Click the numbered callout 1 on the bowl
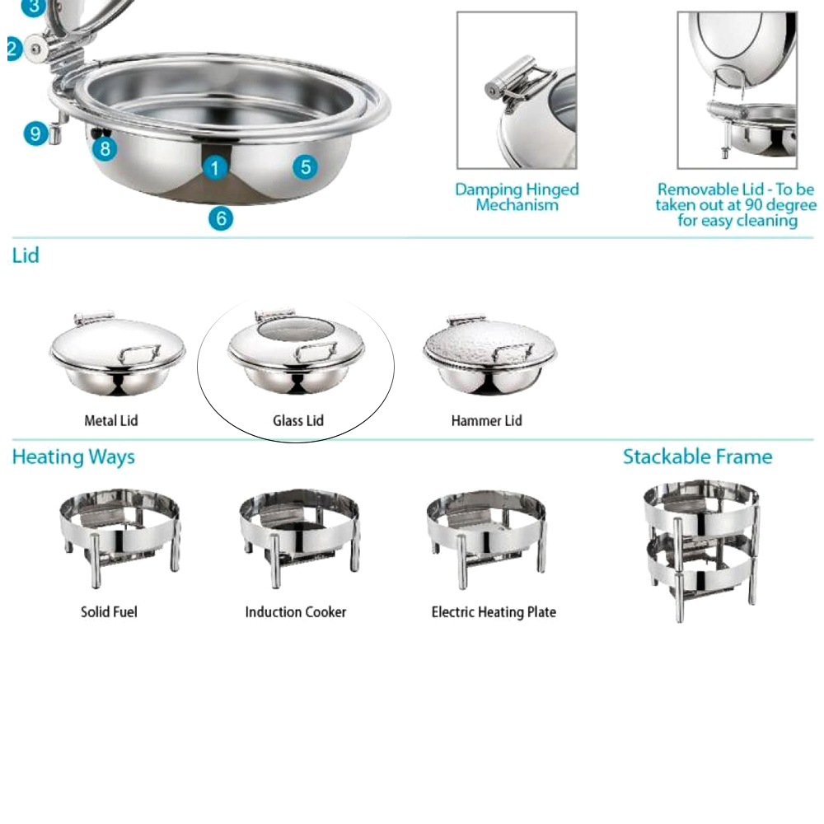pos(214,169)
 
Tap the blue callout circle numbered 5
pos(306,167)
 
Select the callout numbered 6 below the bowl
pos(220,218)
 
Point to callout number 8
pos(105,149)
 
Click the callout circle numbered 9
pos(35,133)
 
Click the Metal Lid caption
pos(111,421)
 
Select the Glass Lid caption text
pos(298,421)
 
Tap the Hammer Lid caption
pos(486,421)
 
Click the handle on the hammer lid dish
pos(513,352)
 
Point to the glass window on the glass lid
pos(294,331)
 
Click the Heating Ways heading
pos(73,457)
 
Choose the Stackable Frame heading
pos(697,457)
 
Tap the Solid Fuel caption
pos(109,612)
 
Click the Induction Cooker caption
pos(296,612)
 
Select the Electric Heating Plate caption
pos(494,612)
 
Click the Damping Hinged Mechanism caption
pos(517,197)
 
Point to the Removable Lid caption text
pos(736,205)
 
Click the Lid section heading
pos(26,255)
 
